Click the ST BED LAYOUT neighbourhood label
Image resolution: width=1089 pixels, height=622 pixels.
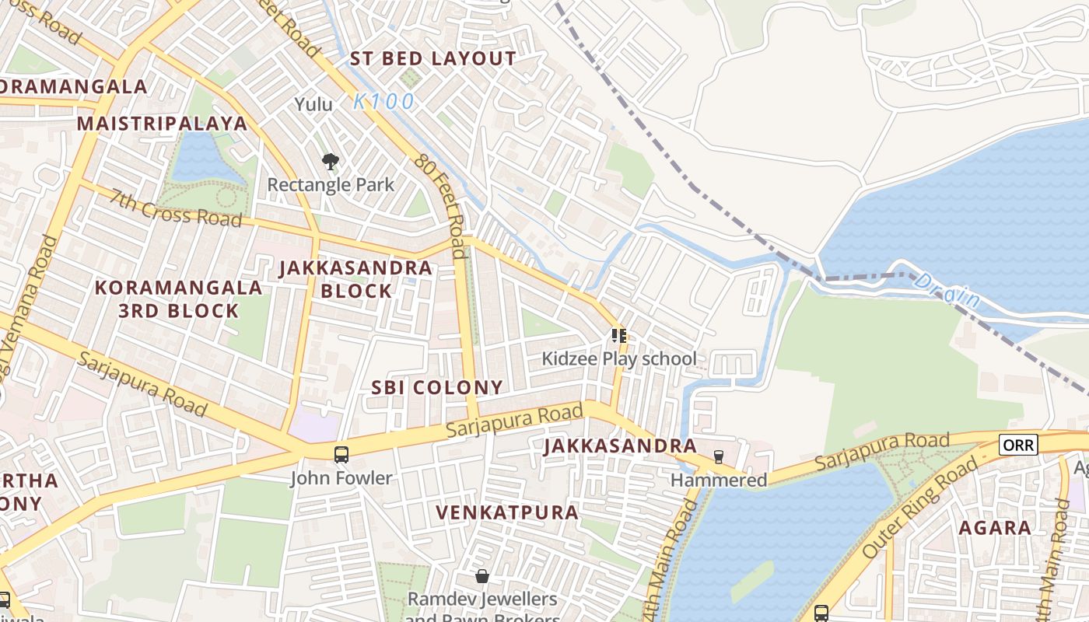[x=432, y=58]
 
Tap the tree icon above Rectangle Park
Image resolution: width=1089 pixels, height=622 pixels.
[x=331, y=162]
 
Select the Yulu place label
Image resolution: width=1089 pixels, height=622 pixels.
[x=313, y=104]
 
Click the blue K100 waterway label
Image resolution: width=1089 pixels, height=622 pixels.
[x=383, y=102]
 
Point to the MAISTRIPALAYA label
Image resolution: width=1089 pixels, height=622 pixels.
[x=162, y=124]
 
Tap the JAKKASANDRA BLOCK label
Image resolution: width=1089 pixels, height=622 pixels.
[x=355, y=279]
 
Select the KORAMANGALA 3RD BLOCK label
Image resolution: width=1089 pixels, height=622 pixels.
[x=179, y=299]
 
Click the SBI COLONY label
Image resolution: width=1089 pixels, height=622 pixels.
[x=436, y=387]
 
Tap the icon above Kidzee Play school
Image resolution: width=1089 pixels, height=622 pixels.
[x=619, y=336]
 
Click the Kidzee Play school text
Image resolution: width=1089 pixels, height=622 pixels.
[x=619, y=359]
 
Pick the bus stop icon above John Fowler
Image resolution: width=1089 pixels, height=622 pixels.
[x=341, y=455]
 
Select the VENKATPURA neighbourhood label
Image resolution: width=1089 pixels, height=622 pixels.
[x=507, y=512]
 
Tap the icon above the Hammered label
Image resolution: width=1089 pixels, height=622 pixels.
[x=718, y=457]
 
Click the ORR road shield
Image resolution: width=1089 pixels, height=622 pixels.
[x=1018, y=444]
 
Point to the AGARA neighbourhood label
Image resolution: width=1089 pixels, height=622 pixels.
[x=995, y=528]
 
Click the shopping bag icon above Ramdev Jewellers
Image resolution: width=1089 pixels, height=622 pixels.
[x=482, y=576]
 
